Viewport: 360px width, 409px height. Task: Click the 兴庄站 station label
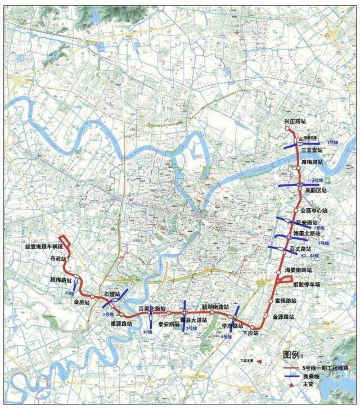[296, 122]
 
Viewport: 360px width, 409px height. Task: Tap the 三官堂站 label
[311, 150]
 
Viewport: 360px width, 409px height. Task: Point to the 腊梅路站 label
[312, 161]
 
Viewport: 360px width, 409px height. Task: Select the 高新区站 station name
[316, 190]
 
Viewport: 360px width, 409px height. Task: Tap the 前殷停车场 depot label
[306, 284]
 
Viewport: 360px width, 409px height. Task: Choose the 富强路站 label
[286, 301]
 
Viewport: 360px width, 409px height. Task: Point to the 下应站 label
[250, 333]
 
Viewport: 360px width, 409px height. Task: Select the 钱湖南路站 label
[215, 307]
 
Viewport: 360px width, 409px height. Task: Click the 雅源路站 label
[121, 324]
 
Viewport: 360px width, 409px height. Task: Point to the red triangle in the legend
[291, 385]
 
